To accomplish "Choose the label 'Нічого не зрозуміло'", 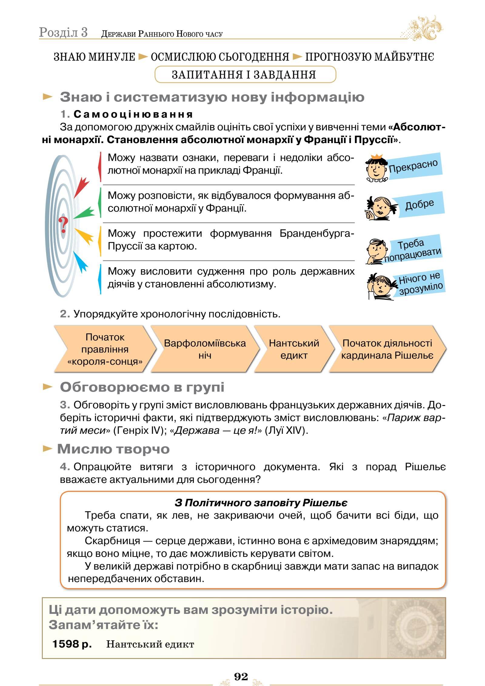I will click(x=420, y=283).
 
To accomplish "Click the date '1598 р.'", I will click(x=72, y=644).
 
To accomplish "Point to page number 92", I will click(x=241, y=676).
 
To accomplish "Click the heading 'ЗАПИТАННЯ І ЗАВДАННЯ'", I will click(x=244, y=75).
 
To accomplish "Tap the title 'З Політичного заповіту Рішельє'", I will click(x=261, y=503).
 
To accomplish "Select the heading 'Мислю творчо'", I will click(x=113, y=449).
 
